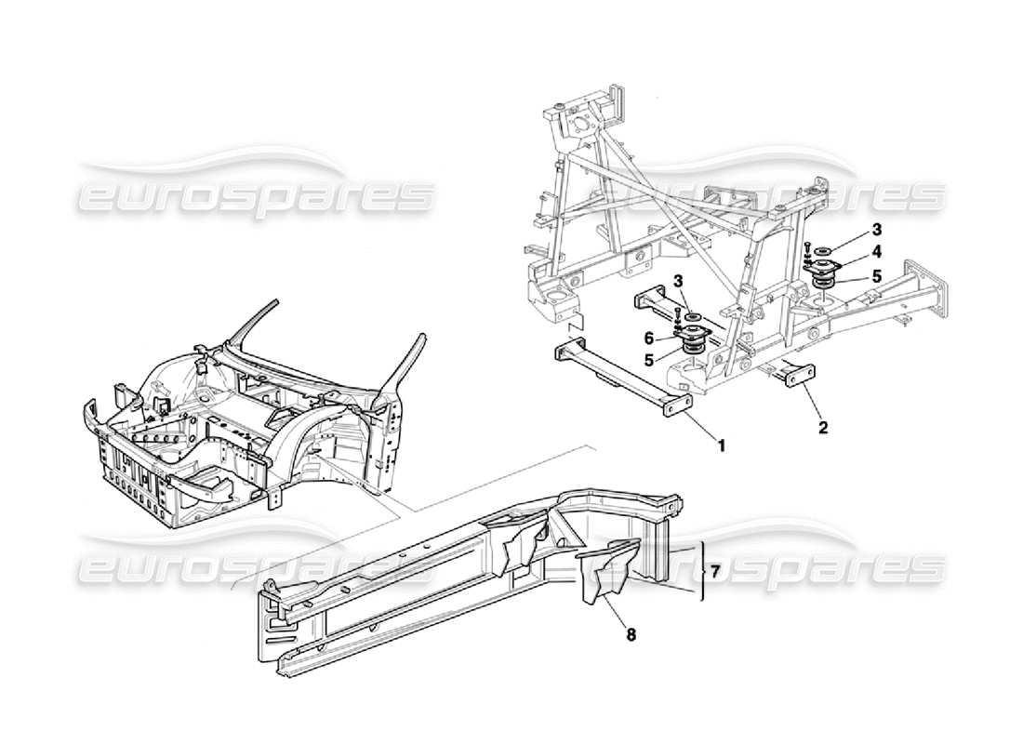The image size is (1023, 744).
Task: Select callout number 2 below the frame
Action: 822,429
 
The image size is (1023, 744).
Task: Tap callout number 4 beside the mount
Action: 876,251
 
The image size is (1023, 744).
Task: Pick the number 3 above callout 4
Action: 876,228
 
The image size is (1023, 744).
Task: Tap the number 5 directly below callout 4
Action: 876,275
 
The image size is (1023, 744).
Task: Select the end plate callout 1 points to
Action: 677,409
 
